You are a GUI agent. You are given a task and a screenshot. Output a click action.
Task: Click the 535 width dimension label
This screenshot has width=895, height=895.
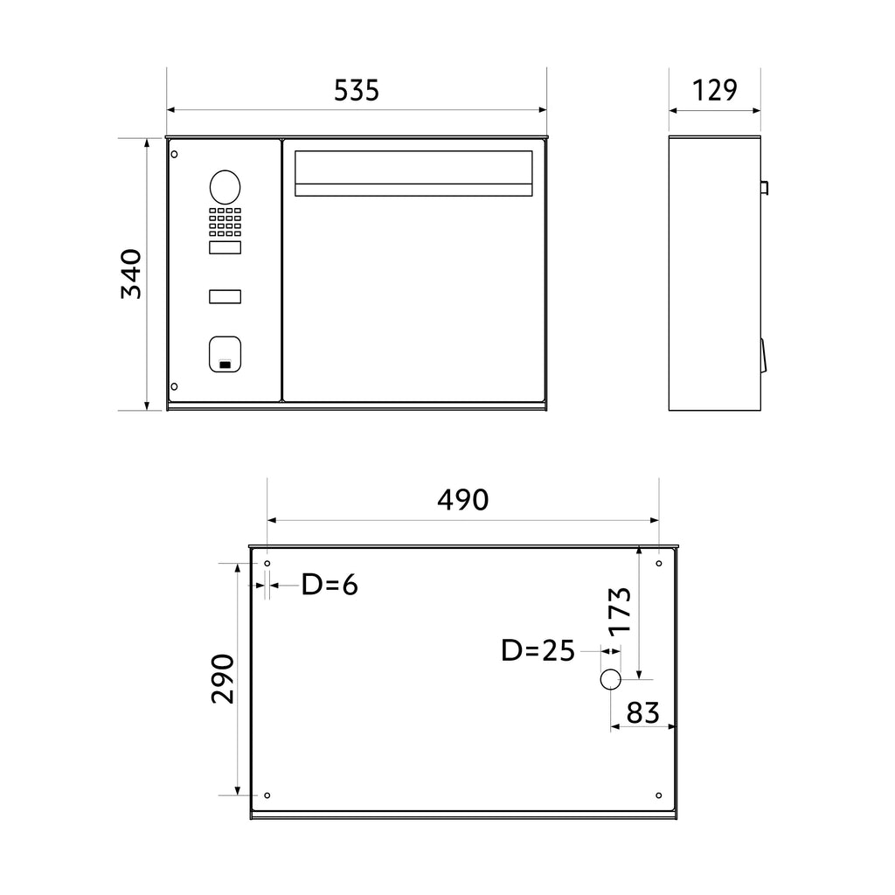357,90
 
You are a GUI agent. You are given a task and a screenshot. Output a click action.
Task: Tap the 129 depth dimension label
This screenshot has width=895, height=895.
715,90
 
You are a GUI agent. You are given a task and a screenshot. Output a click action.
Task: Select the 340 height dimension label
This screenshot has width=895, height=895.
131,274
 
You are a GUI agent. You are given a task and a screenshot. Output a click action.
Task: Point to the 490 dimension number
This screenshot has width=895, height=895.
463,500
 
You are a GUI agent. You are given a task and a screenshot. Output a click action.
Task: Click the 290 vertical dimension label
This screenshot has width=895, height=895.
222,678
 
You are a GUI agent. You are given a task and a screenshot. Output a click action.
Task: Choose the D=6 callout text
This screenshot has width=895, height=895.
330,585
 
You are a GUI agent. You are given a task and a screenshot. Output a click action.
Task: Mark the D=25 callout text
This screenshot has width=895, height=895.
538,650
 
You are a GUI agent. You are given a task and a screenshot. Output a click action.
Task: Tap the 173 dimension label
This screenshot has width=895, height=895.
620,612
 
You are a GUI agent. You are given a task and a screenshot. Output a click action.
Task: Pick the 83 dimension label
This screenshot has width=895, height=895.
642,712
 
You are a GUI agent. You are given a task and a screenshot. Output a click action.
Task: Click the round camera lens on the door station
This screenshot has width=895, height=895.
225,187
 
